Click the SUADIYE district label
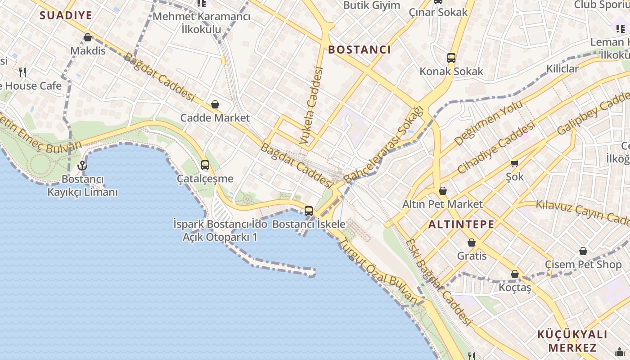(66, 15)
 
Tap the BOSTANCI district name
(360, 49)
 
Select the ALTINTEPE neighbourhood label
(461, 224)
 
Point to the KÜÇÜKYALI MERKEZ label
(572, 341)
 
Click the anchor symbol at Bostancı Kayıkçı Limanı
(82, 166)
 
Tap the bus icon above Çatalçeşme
(205, 165)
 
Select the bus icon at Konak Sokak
(451, 58)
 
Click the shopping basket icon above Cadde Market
(215, 105)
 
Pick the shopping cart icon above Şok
(514, 164)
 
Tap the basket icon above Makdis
(88, 37)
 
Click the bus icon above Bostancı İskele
(309, 211)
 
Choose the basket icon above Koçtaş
(515, 274)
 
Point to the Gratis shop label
(472, 256)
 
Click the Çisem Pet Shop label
(583, 264)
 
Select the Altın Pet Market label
(442, 204)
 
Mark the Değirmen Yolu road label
(488, 123)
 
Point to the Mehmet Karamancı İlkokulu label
(201, 23)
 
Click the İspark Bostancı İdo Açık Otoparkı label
(220, 230)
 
